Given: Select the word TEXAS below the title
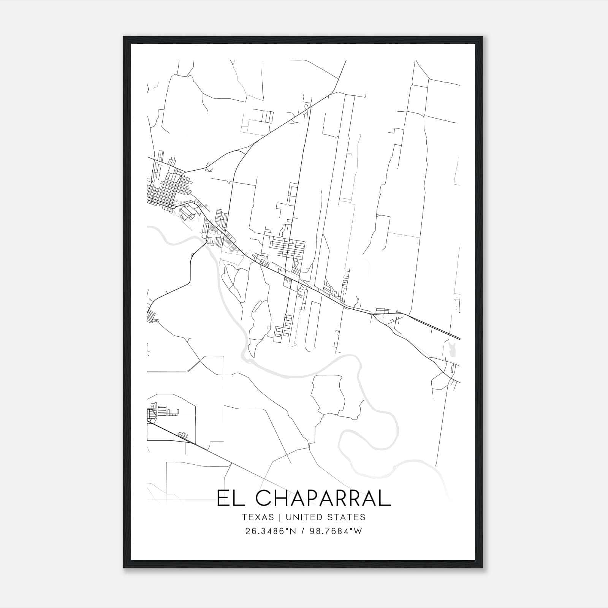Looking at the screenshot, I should pyautogui.click(x=258, y=517).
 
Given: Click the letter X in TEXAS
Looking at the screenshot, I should pyautogui.click(x=258, y=517).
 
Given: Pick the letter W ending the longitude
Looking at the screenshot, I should pyautogui.click(x=358, y=531).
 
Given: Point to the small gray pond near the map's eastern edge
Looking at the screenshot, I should pyautogui.click(x=452, y=349).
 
